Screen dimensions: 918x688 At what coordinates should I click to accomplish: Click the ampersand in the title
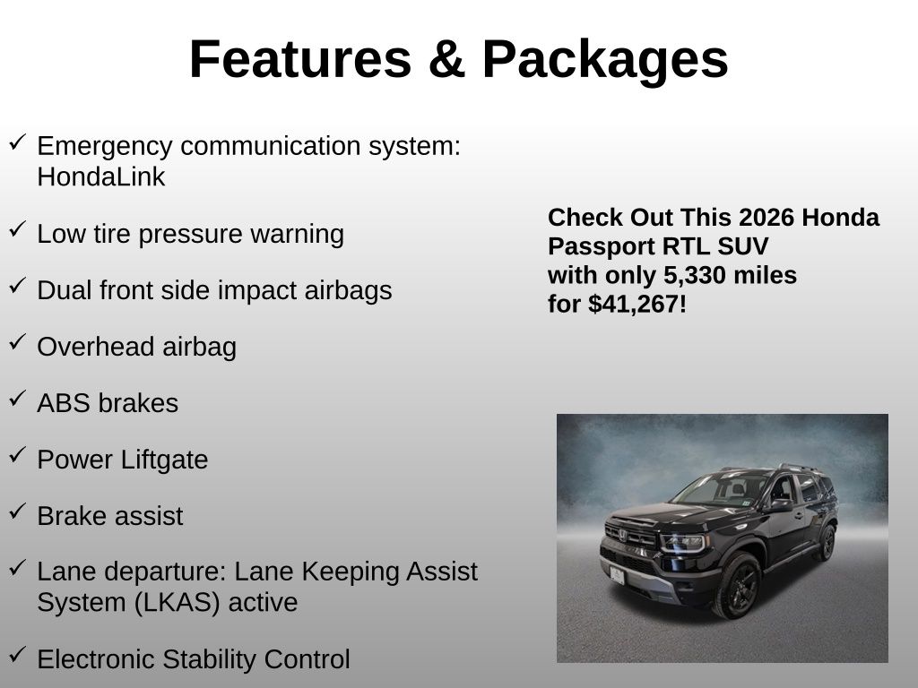pos(446,59)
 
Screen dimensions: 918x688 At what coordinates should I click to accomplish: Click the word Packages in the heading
pos(605,61)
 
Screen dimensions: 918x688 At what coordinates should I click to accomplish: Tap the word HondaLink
pos(100,176)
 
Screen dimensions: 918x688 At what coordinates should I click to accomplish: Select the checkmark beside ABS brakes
pos(17,399)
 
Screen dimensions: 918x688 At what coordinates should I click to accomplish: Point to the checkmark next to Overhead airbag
pos(17,342)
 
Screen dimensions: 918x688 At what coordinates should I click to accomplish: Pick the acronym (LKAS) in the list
pos(177,603)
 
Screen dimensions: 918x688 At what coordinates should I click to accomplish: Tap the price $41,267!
pos(637,305)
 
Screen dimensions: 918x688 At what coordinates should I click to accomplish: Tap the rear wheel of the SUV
pos(826,543)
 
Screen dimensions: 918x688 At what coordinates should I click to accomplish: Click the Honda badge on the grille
pos(622,535)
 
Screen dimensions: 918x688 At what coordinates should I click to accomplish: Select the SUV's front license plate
pos(617,576)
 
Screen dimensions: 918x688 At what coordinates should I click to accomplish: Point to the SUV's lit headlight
pos(682,543)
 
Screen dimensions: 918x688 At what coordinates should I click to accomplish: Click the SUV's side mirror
pos(782,505)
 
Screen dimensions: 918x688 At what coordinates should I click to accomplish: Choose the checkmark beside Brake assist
pos(17,512)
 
